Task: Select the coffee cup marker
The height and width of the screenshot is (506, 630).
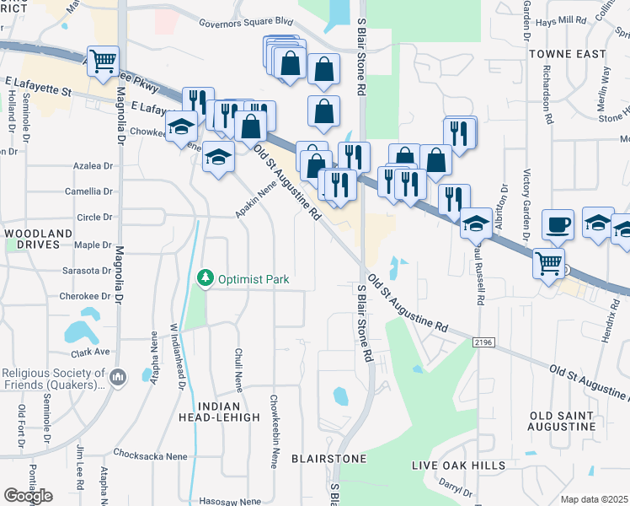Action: [558, 224]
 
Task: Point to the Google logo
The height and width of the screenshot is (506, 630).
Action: [28, 496]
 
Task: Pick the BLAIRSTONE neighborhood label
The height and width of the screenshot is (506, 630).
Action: [328, 459]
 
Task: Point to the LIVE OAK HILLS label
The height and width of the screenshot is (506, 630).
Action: [458, 466]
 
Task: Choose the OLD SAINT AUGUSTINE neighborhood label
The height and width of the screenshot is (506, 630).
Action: [563, 421]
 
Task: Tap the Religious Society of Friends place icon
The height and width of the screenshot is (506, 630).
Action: [117, 375]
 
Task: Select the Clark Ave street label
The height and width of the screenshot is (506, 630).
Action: [91, 352]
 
